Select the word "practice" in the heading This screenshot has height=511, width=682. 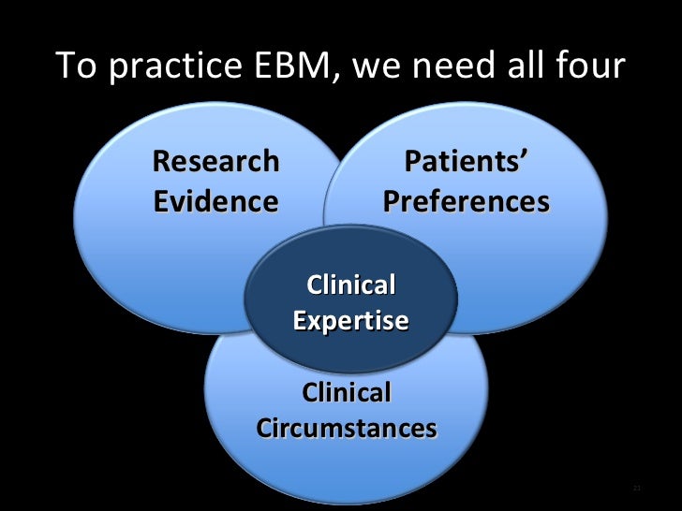tap(162, 67)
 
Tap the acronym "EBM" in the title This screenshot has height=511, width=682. tap(286, 66)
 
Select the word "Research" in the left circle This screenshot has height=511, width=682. tap(215, 161)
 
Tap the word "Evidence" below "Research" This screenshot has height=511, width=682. tap(215, 201)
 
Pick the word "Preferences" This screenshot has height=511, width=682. tap(466, 201)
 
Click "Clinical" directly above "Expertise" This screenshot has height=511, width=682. tap(350, 285)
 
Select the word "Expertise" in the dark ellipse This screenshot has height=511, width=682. tap(350, 321)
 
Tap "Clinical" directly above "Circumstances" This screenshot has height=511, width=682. tap(346, 392)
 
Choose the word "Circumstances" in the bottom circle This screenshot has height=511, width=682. tap(346, 429)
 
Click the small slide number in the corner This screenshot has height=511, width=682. tap(637, 489)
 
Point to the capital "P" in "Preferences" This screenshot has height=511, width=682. tap(393, 201)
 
